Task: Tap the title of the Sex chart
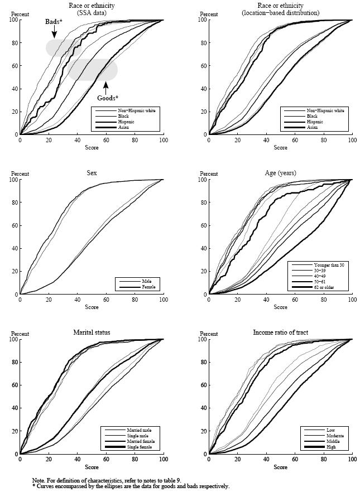coord(92,173)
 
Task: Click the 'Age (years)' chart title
coord(280,173)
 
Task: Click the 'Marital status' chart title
coord(92,332)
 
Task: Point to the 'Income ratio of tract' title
coord(280,332)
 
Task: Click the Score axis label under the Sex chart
coord(92,307)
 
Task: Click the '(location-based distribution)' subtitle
coord(280,12)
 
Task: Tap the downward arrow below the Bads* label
coord(54,32)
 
